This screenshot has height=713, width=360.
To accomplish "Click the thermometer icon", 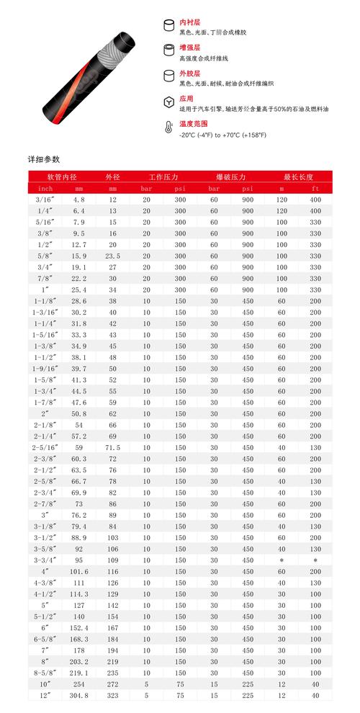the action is coord(168,129).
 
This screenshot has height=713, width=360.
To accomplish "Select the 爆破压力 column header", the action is coord(230,176).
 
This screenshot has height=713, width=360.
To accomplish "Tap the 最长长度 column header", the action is coord(296,176).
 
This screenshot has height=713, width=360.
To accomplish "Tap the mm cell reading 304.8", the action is coord(79,696).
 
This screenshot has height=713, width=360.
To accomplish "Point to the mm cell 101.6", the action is coord(79,571).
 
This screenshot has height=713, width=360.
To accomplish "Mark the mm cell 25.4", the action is coord(79,290).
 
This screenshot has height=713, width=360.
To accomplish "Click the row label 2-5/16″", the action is coord(43,447).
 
